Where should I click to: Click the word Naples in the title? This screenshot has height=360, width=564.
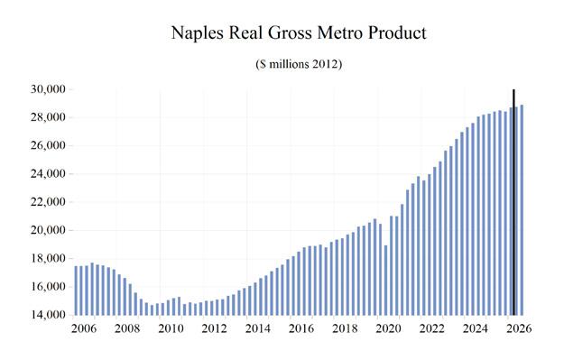[x=198, y=33]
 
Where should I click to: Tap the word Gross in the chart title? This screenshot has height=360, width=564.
[x=289, y=32]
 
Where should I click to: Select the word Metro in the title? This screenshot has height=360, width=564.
[x=340, y=32]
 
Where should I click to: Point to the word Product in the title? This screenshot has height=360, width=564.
[x=397, y=32]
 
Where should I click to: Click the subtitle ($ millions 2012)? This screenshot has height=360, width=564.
[x=299, y=64]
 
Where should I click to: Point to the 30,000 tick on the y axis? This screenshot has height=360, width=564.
[x=48, y=88]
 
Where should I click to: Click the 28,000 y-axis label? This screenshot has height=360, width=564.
[x=48, y=117]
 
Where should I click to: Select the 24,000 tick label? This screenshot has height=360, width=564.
[x=48, y=174]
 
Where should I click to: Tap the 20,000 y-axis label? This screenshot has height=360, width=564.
[x=48, y=230]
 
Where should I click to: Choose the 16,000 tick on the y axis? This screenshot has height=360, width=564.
[x=48, y=287]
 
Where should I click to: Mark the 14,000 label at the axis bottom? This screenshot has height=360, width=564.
[x=48, y=315]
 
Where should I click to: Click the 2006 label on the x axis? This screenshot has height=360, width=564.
[x=83, y=328]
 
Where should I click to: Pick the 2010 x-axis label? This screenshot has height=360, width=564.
[x=171, y=328]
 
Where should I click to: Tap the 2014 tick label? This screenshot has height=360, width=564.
[x=257, y=328]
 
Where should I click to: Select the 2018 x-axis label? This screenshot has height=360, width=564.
[x=345, y=328]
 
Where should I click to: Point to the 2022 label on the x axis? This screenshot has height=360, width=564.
[x=431, y=328]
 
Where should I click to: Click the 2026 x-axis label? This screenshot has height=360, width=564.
[x=519, y=328]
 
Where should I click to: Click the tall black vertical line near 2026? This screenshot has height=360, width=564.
[x=513, y=202]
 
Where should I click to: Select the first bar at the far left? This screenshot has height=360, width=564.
[x=76, y=291]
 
